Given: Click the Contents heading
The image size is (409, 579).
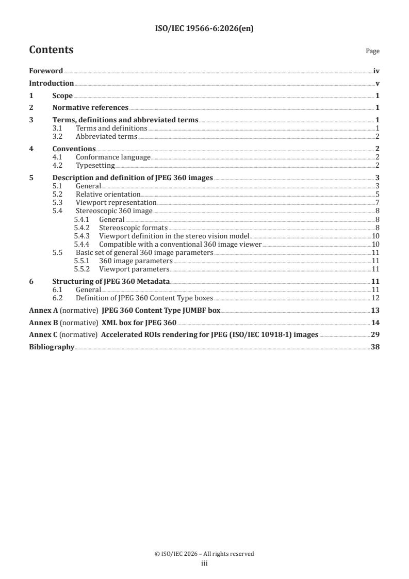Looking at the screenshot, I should tap(51, 50).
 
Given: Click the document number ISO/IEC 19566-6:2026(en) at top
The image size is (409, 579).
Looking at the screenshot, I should tap(204, 29).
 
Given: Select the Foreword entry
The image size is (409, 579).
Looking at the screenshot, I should tap(46, 71).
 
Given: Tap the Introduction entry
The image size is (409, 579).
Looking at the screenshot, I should tap(51, 83).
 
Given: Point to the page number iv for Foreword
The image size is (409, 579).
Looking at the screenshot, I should tap(377, 71).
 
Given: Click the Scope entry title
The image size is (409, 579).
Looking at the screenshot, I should tap(62, 95).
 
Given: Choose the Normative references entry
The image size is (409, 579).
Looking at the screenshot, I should tap(90, 108).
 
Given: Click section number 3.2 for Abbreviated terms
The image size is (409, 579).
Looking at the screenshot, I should tap(58, 136).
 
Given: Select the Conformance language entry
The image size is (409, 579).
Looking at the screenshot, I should tap(113, 157).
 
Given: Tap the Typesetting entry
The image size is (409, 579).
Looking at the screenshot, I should tap(95, 165).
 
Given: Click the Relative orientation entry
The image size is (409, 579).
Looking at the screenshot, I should tap(108, 194).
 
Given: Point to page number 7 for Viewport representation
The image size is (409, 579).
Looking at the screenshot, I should tap(378, 202).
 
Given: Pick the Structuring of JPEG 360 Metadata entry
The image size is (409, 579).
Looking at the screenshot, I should tap(111, 281).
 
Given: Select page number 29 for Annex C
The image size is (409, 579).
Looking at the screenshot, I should tap(375, 335).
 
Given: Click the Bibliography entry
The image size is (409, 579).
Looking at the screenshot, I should tap(52, 347).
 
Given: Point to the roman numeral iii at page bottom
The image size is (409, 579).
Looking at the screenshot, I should tap(204, 564).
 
